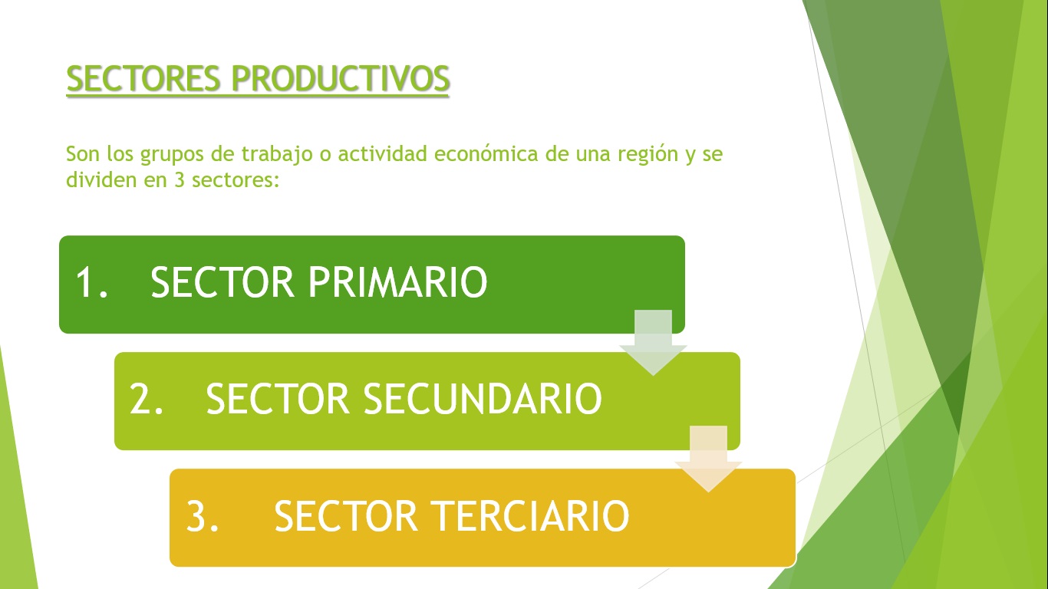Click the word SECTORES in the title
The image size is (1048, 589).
(x=143, y=77)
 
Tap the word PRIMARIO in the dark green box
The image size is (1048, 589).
(x=397, y=281)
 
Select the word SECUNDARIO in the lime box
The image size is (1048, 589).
(x=483, y=398)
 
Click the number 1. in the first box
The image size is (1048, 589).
(x=92, y=281)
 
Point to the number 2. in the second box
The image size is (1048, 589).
(x=147, y=398)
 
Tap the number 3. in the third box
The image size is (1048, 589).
(x=202, y=515)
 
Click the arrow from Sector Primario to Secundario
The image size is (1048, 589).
(x=653, y=343)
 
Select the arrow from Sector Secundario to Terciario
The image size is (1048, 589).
(x=708, y=459)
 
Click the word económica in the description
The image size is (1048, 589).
(x=486, y=154)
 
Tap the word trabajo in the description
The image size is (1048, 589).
(x=277, y=155)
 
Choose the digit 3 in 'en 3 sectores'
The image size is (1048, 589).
(x=180, y=180)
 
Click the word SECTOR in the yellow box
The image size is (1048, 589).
(x=346, y=515)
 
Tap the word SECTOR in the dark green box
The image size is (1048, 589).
(x=222, y=281)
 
